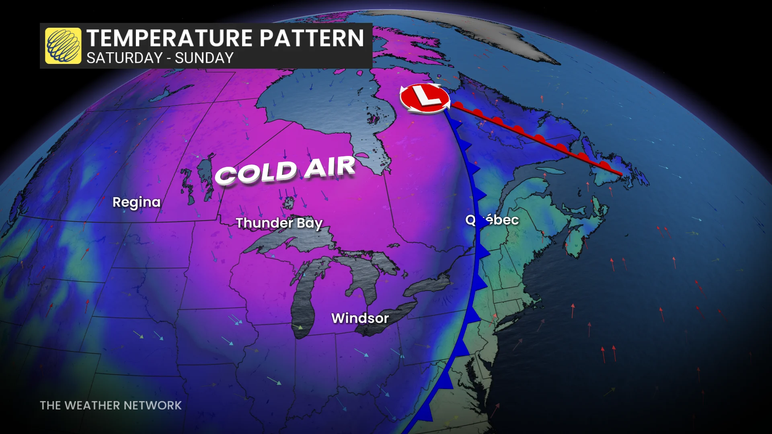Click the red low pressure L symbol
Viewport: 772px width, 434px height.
tap(424, 98)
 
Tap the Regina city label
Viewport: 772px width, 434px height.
tap(136, 202)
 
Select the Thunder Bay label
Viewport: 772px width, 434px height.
tap(279, 223)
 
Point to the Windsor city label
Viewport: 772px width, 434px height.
tap(360, 318)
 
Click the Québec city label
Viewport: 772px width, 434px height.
tap(492, 220)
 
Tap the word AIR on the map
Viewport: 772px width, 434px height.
tap(330, 167)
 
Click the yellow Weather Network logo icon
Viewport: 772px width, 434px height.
tap(63, 46)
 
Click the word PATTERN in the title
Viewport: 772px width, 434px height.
tap(312, 39)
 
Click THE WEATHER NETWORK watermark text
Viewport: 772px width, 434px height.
tap(111, 405)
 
